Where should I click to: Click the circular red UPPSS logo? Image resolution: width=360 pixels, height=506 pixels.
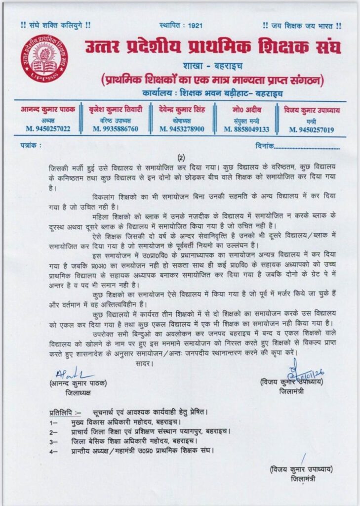44,58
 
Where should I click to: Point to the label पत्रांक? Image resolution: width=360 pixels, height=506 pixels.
31,146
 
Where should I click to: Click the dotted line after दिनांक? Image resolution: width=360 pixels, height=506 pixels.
307,147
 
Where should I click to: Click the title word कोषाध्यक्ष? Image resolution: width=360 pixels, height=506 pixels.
181,120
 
